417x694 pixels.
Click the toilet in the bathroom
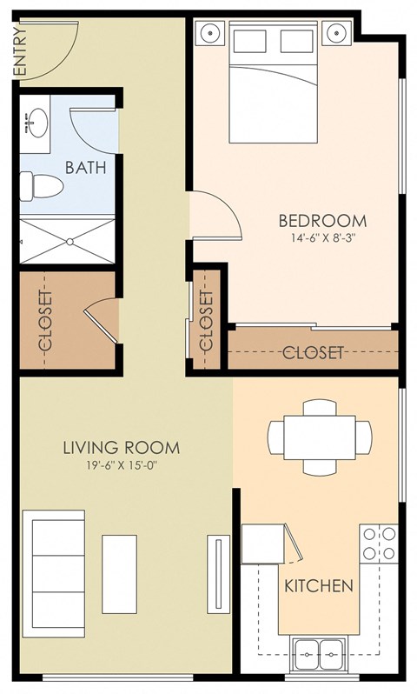click(x=39, y=185)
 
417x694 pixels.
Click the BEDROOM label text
click(x=322, y=220)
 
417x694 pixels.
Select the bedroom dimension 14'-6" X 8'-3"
click(x=322, y=237)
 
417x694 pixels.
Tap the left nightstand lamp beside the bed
click(x=209, y=34)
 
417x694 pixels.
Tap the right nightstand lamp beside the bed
click(x=336, y=34)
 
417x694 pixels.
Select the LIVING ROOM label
click(x=122, y=448)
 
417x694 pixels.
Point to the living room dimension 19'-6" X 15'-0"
click(x=122, y=465)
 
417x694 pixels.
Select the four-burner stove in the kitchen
click(x=379, y=543)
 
